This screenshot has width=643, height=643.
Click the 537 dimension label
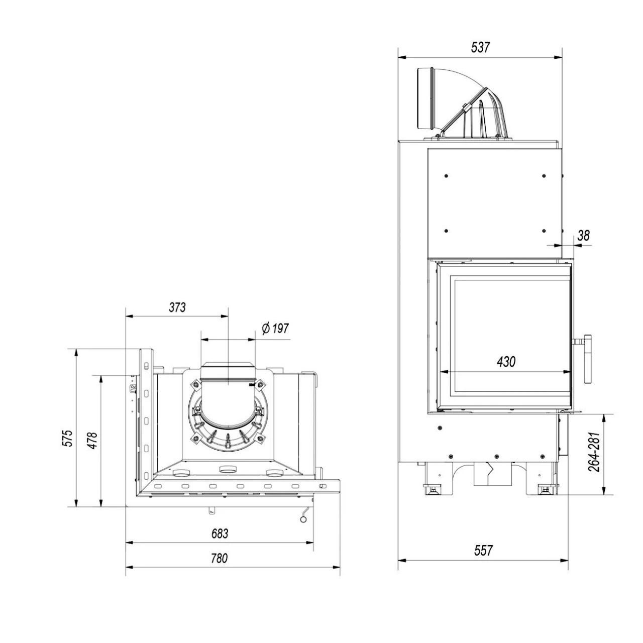point(480,47)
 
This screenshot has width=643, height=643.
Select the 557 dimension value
point(483,551)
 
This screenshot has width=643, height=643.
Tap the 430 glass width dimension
point(506,361)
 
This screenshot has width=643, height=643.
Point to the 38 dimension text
point(583,235)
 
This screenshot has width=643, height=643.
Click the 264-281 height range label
point(595,452)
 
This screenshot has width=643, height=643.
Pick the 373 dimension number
point(177,307)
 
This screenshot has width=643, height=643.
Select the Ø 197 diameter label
point(275,328)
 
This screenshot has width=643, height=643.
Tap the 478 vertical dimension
point(92,440)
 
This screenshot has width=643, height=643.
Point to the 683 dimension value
point(219,533)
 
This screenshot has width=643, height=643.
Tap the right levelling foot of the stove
point(545,488)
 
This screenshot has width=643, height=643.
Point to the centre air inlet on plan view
point(228,470)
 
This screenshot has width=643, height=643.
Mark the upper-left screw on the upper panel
point(446,176)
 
